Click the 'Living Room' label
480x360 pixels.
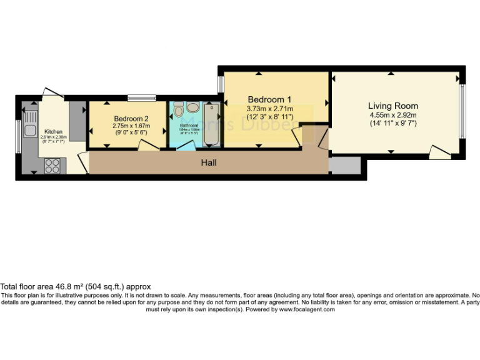tap(392, 106)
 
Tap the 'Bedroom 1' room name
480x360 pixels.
tap(269, 99)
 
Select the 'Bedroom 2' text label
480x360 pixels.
tap(131, 118)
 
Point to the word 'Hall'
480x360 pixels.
tap(208, 162)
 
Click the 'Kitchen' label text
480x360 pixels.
tap(52, 132)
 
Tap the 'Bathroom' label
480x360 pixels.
tap(189, 126)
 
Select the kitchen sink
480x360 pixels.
tap(29, 130)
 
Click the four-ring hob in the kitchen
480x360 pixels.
tap(52, 166)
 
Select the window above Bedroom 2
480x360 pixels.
tap(142, 97)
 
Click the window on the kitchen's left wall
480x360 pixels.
tap(19, 135)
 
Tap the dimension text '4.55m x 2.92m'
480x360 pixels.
tap(392, 115)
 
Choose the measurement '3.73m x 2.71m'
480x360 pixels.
tap(269, 108)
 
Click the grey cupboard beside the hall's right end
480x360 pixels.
tap(344, 165)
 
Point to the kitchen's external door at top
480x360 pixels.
tap(52, 92)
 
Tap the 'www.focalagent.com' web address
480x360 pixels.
tap(307, 309)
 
